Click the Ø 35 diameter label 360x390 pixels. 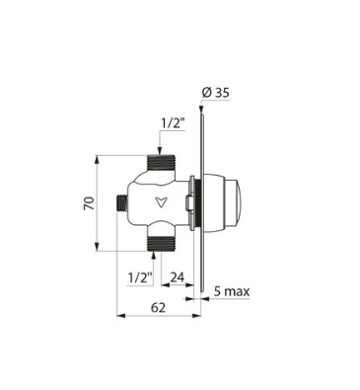click(x=216, y=93)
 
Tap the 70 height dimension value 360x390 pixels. click(x=90, y=203)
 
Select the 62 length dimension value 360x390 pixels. click(x=158, y=308)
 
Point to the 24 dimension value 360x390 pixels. click(x=178, y=277)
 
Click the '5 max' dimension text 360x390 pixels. click(x=232, y=291)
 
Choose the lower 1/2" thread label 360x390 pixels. click(x=141, y=278)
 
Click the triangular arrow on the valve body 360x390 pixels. click(x=160, y=201)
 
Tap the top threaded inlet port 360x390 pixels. click(x=162, y=162)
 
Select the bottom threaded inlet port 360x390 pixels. click(x=162, y=244)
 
